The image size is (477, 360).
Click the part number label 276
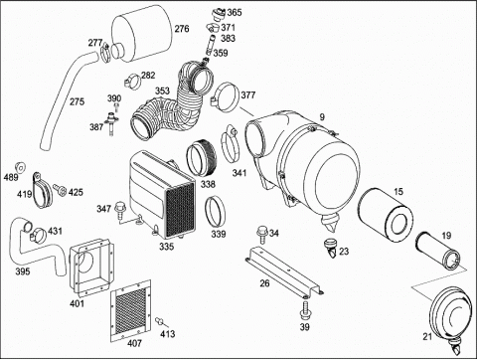point(182,29)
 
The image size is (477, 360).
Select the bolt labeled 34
point(262,234)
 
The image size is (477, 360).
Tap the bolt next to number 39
point(305,310)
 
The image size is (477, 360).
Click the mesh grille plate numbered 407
point(130,310)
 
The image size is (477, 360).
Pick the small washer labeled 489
point(20,168)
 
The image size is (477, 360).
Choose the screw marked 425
point(60,190)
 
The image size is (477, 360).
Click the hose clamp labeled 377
point(225,96)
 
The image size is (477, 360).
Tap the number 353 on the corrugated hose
point(162,90)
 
